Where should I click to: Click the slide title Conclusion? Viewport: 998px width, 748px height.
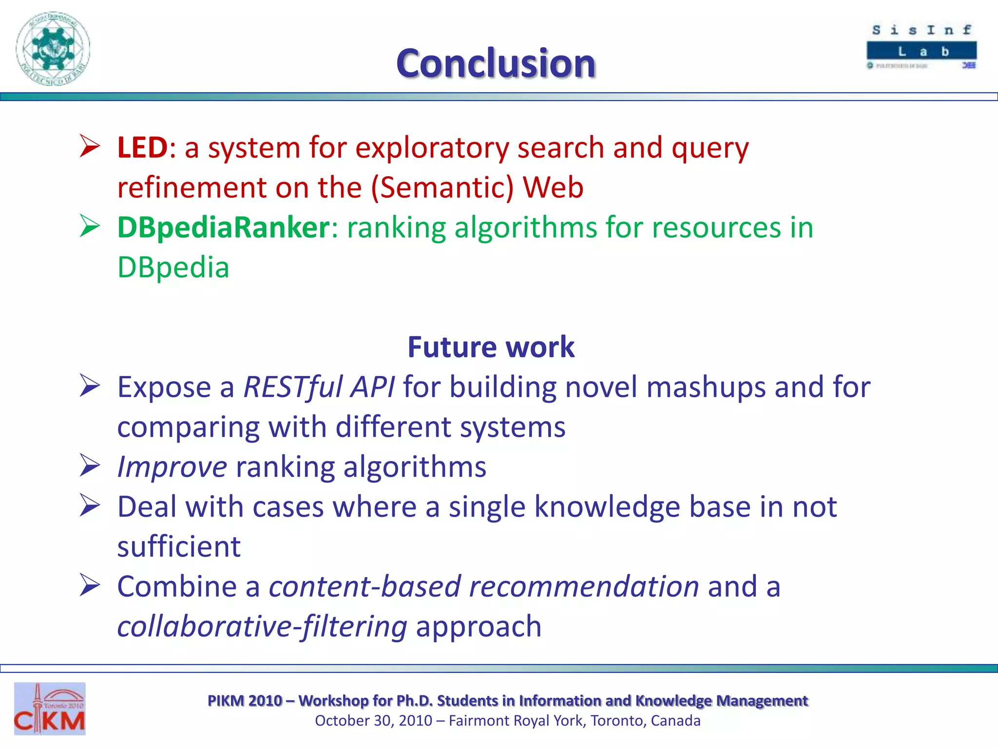click(x=496, y=64)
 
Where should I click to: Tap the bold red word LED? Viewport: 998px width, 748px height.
click(x=142, y=148)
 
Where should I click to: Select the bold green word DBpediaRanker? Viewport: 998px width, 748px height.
click(x=224, y=228)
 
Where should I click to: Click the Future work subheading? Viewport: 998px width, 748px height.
click(x=491, y=347)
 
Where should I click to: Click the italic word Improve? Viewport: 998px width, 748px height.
click(x=172, y=467)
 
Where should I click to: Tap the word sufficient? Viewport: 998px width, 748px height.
click(x=179, y=547)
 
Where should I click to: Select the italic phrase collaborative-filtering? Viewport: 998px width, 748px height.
click(x=262, y=627)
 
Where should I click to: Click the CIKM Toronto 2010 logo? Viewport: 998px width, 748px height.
click(x=50, y=709)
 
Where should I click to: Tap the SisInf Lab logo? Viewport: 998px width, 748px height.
click(x=921, y=47)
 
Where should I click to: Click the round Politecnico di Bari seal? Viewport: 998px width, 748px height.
click(x=53, y=49)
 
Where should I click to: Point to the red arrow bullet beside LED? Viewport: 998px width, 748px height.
click(x=90, y=146)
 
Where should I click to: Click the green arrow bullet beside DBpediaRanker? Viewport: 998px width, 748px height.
click(x=90, y=226)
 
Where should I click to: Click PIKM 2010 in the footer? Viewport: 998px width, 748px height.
click(x=245, y=700)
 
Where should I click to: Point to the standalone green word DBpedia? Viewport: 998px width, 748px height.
click(x=173, y=268)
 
